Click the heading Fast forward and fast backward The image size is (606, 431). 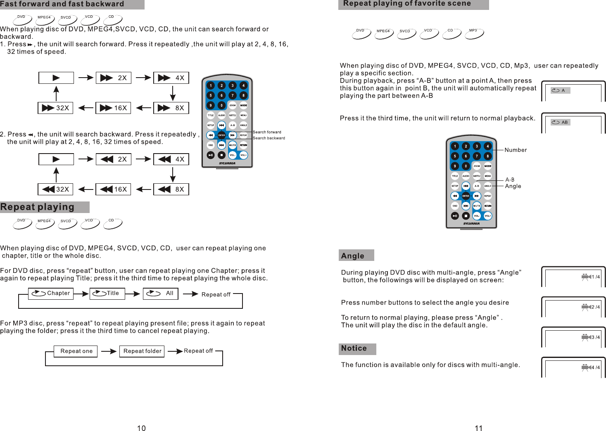62,4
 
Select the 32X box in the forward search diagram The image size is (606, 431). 56,108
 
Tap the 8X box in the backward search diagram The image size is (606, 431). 171,189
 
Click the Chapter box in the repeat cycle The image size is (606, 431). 50,293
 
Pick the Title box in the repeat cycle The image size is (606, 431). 107,293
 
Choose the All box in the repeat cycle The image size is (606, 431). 160,293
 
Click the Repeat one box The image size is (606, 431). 76,351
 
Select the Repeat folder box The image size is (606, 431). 142,351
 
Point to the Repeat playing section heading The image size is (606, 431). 38,207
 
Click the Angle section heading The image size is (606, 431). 353,256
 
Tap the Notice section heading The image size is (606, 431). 354,348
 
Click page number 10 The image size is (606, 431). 141,428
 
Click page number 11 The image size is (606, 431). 478,428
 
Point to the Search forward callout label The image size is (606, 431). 267,132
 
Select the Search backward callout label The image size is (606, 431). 269,138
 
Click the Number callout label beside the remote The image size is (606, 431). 516,150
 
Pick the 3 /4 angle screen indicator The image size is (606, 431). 591,337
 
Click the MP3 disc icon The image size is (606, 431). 474,33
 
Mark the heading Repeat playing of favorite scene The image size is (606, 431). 407,4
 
